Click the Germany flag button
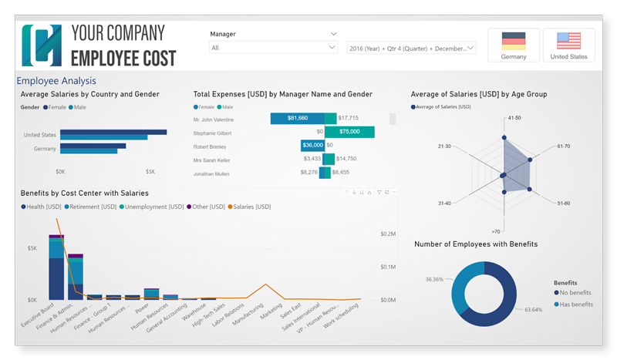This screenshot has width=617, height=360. (513, 45)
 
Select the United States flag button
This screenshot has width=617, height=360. (568, 45)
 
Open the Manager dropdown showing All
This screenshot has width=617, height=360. (273, 48)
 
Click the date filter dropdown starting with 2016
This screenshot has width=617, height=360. (412, 48)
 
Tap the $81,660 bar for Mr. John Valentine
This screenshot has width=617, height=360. (297, 118)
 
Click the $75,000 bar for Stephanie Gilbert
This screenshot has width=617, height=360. (356, 132)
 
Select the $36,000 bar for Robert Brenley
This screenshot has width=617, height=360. (312, 145)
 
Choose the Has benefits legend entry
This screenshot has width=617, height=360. (575, 304)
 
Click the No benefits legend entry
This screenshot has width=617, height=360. (575, 294)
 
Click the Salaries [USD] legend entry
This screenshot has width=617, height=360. (252, 207)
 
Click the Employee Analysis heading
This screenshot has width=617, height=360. (56, 80)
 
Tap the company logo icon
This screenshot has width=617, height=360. (41, 45)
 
